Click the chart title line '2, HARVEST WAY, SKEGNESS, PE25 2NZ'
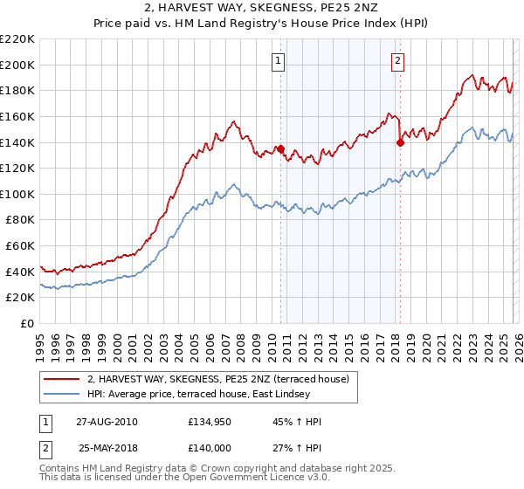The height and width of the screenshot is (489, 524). (x=261, y=10)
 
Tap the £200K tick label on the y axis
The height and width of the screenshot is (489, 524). (x=17, y=65)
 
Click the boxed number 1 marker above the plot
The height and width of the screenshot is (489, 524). (x=278, y=60)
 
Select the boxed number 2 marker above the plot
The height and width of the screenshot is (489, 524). (x=397, y=60)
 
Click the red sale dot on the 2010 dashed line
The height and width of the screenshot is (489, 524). (x=280, y=148)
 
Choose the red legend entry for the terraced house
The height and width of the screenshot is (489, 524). (x=218, y=379)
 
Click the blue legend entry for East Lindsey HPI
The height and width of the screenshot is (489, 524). (x=222, y=395)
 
